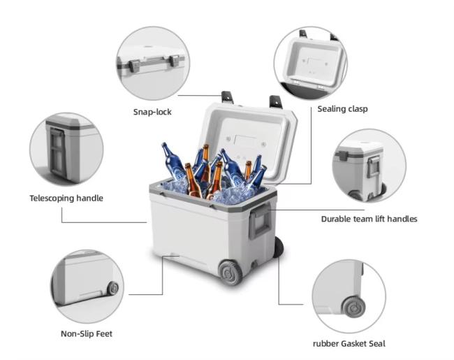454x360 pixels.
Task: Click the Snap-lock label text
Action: tap(152, 112)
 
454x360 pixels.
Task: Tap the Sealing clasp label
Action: tap(342, 109)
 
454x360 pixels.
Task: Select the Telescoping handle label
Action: tap(66, 198)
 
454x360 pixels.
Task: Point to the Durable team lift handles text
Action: tap(369, 219)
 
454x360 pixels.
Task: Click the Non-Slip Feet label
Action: tap(87, 333)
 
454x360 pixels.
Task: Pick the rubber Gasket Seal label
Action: tap(349, 343)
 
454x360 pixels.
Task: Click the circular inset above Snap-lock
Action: tap(152, 63)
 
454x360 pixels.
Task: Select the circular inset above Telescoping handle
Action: tap(66, 149)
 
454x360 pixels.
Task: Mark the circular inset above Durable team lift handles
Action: tap(369, 166)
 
